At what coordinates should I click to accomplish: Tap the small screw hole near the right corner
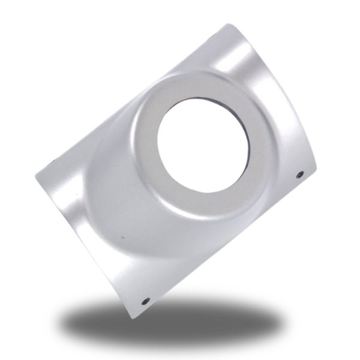(x=300, y=175)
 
